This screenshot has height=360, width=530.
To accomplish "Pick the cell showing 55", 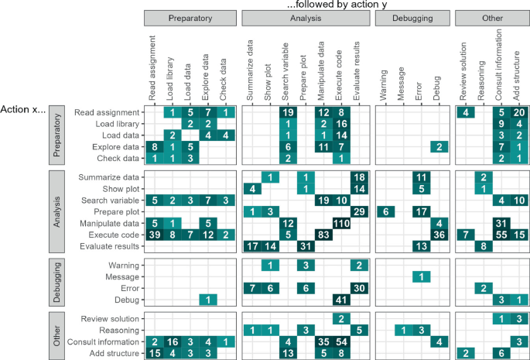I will pos(501,234).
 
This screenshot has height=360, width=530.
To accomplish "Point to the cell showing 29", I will pos(358,211).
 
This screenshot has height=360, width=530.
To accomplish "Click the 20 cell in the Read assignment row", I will pos(518,113).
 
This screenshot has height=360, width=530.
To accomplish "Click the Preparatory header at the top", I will pos(189,17).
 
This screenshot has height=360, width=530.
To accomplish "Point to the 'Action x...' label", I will pos(24,109).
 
